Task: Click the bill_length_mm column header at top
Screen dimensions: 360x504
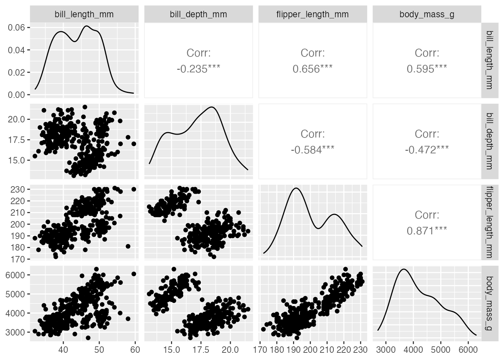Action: click(x=84, y=14)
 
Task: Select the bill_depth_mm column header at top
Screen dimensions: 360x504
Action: click(x=198, y=14)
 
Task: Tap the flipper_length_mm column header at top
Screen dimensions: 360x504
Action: click(x=312, y=14)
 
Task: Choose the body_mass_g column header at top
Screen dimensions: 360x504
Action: click(x=427, y=14)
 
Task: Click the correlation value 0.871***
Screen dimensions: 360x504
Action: click(x=427, y=231)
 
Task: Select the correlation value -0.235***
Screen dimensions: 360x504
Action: click(x=198, y=69)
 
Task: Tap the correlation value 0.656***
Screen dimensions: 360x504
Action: click(x=312, y=69)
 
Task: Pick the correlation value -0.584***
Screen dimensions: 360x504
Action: click(x=312, y=150)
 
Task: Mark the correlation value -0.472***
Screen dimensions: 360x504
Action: click(x=427, y=150)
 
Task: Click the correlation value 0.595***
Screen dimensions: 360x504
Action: click(x=427, y=69)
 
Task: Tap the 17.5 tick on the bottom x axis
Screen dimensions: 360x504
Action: click(x=201, y=350)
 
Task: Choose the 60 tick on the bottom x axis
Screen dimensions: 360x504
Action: click(x=135, y=350)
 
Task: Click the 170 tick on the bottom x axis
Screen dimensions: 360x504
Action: click(x=260, y=350)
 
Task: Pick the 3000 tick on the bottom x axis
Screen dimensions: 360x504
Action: click(x=386, y=350)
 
